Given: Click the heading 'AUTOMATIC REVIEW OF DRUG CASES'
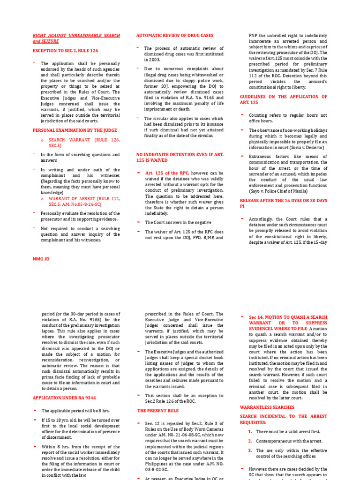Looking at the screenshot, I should pos(174,36).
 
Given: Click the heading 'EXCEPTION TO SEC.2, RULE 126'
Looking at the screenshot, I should pos(65,51).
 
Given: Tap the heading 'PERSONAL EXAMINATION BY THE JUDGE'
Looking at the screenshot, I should pos(75,130).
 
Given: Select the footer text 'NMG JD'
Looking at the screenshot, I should pos(41,258).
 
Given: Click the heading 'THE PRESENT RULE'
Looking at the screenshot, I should pos(158,410).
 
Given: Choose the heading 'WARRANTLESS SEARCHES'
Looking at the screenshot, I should pos(267,407).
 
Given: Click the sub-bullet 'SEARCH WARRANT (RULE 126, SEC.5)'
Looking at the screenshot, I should pos(84,142).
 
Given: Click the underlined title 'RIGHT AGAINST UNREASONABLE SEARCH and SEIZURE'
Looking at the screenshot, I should pos(76,38).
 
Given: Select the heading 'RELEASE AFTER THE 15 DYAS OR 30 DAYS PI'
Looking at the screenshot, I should pos(283,203).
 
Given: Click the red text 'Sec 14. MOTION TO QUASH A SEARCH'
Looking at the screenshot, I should pos(288,317).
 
